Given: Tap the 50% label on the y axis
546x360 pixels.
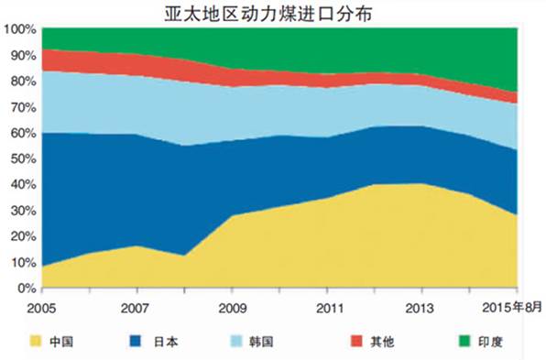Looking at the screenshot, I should (21, 159).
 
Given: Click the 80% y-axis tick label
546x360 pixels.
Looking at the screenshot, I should (21, 82).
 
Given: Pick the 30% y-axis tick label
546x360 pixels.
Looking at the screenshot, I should (21, 211).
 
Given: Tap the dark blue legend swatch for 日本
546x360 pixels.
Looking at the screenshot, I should (136, 342).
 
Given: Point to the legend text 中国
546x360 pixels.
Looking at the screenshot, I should (63, 342).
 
